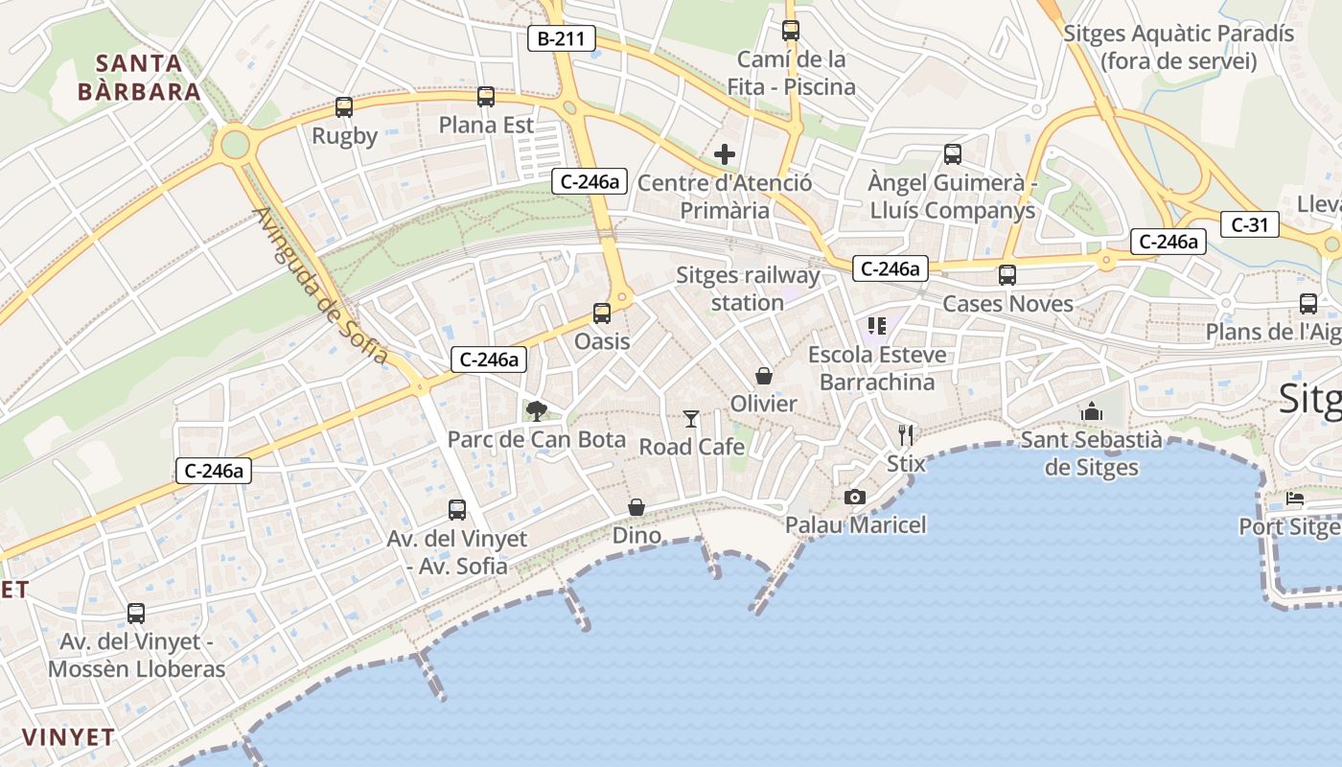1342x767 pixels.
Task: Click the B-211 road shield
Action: pos(562,38)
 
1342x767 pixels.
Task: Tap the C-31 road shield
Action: pos(1249,225)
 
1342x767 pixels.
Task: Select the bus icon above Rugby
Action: pos(344,107)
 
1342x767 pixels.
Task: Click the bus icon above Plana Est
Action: pos(486,97)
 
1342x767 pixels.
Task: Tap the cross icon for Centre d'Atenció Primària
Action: pos(725,153)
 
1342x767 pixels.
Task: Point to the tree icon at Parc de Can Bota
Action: pos(536,411)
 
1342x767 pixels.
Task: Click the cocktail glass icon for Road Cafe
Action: pos(691,418)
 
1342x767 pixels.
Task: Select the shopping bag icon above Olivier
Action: pos(764,375)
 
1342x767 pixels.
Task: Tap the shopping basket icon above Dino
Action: pos(636,507)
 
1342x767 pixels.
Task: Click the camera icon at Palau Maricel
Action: pos(854,497)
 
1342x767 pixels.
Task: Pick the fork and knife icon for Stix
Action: pos(906,434)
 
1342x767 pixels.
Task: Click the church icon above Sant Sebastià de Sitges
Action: pos(1091,411)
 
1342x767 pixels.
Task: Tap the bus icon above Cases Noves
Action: pos(1007,275)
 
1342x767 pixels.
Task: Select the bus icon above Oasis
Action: pos(602,313)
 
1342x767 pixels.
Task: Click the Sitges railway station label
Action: pos(748,289)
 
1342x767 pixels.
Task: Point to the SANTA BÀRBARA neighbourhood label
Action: pos(140,78)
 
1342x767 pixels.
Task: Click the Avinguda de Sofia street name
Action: pos(321,286)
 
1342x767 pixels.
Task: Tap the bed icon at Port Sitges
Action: pos(1295,499)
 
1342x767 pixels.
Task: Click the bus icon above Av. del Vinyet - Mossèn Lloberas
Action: pos(136,614)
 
